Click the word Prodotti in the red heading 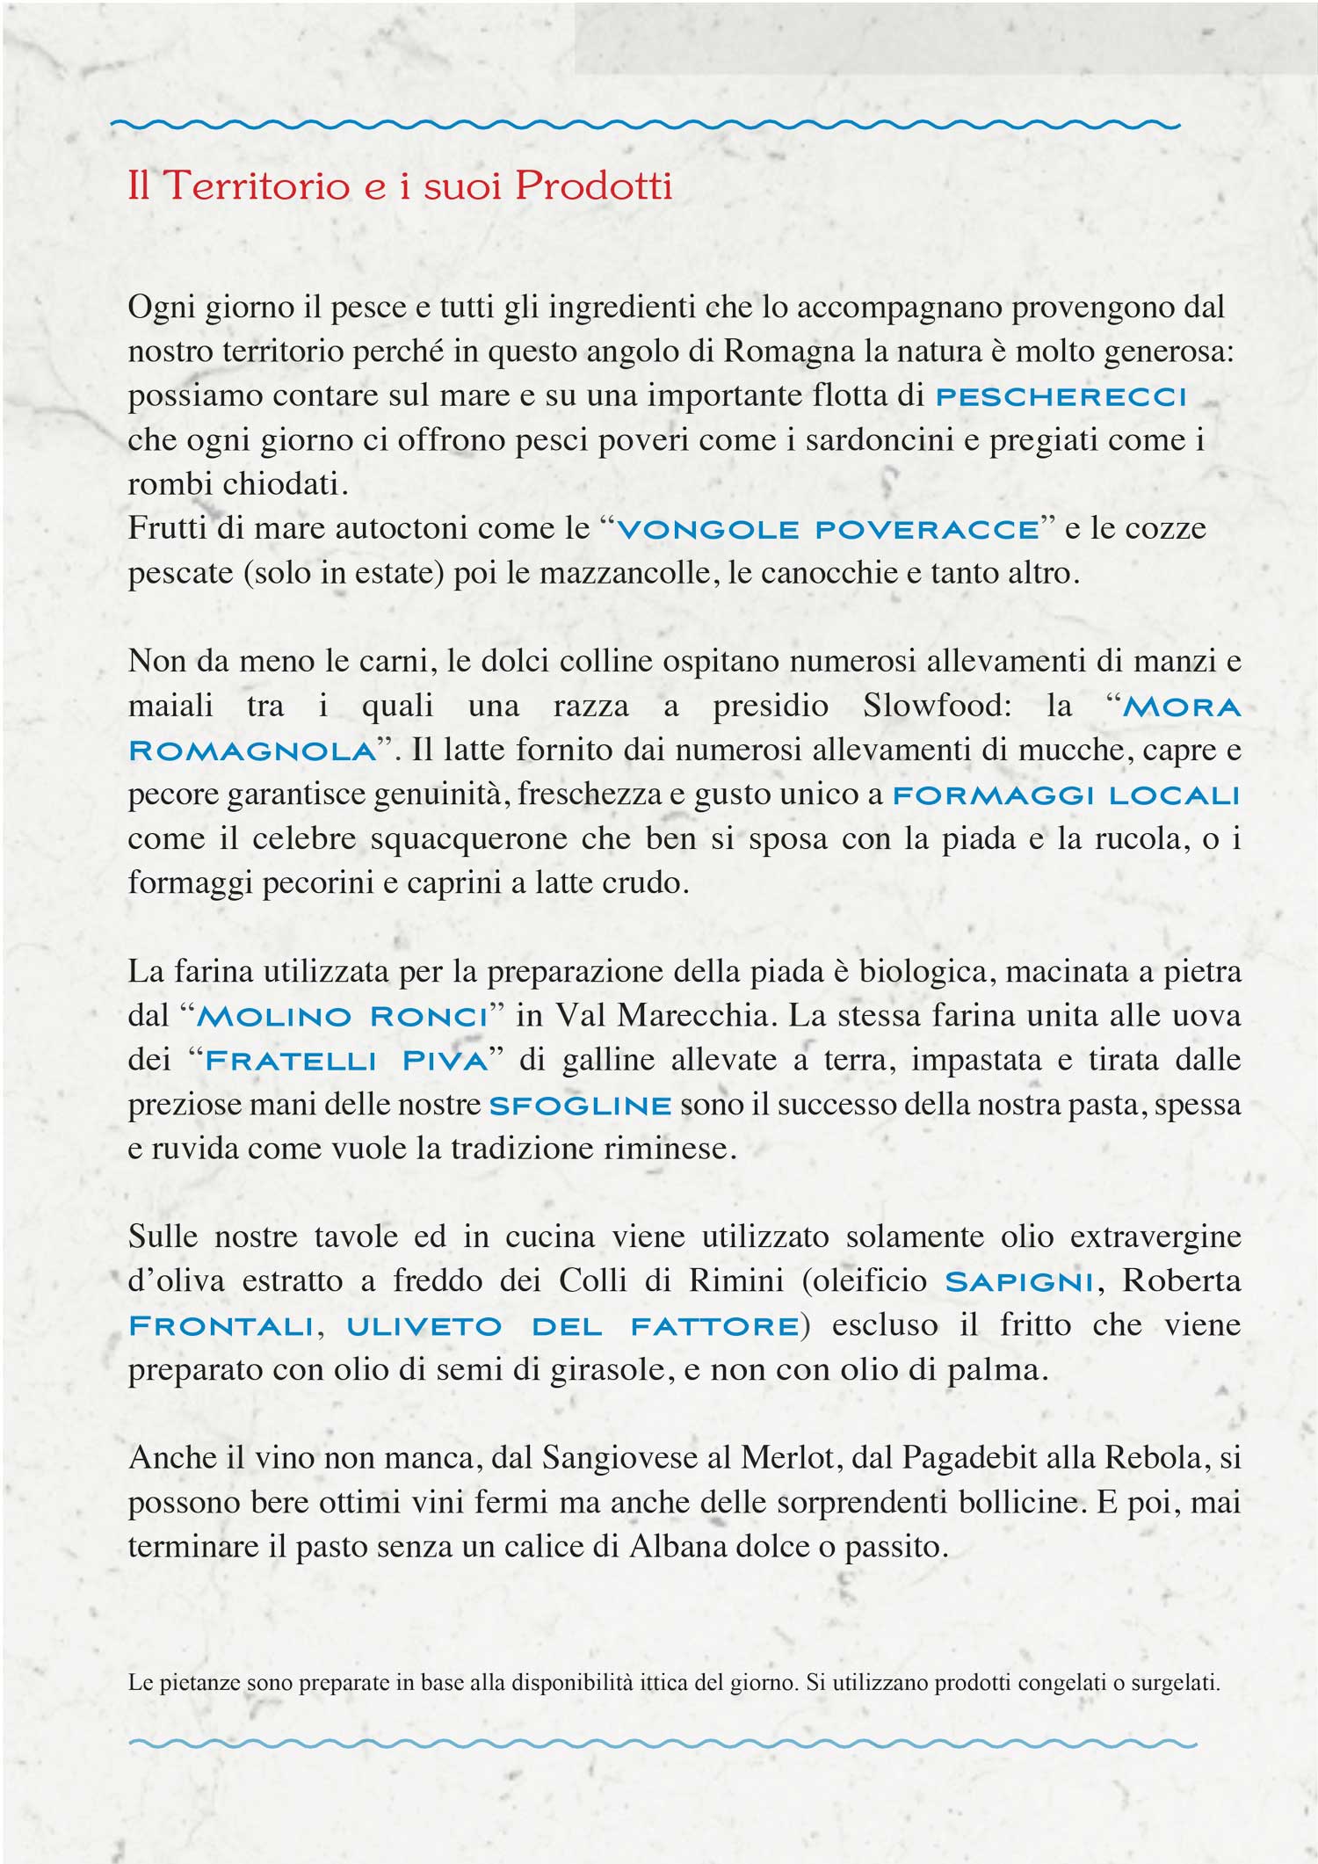(x=594, y=185)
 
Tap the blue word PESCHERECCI (x=1061, y=397)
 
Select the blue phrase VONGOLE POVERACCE (x=828, y=530)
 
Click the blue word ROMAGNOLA (x=252, y=751)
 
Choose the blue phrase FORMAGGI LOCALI (x=1066, y=796)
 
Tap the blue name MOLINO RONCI (x=343, y=1017)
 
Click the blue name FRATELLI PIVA (x=346, y=1061)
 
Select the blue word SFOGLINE (x=580, y=1106)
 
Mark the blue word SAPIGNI (x=1019, y=1282)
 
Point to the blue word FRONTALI (x=221, y=1326)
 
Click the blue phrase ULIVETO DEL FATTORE (x=572, y=1326)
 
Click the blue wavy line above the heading (x=646, y=125)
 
